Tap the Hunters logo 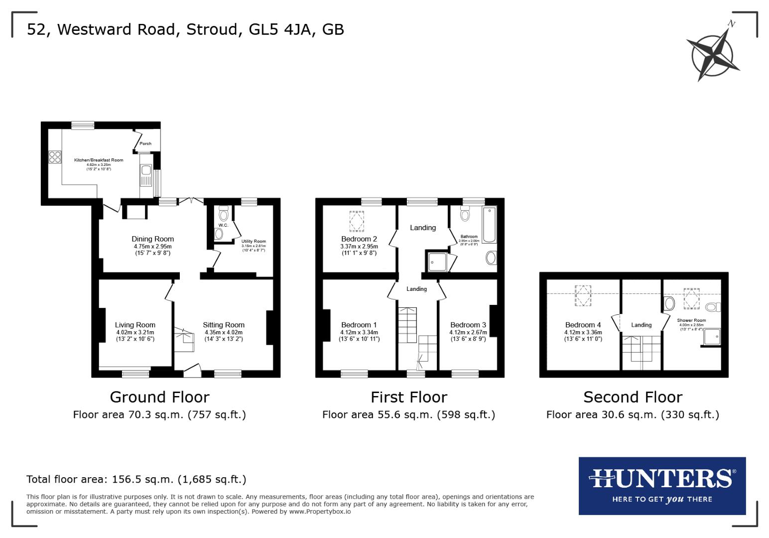pos(662,485)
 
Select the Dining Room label pos(152,239)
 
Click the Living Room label pos(135,325)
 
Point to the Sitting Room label pos(224,325)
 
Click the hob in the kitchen pos(54,157)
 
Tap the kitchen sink pos(146,171)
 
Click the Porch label pos(145,144)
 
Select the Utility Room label pos(254,241)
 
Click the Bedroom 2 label pos(359,239)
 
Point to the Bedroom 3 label pos(468,325)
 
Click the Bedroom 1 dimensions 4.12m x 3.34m pos(359,332)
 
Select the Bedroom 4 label pos(583,325)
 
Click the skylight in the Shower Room pos(690,298)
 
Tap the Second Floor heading pos(633,397)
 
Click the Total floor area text pos(136,479)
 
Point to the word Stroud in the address pos(212,29)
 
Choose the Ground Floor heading pos(159,397)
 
